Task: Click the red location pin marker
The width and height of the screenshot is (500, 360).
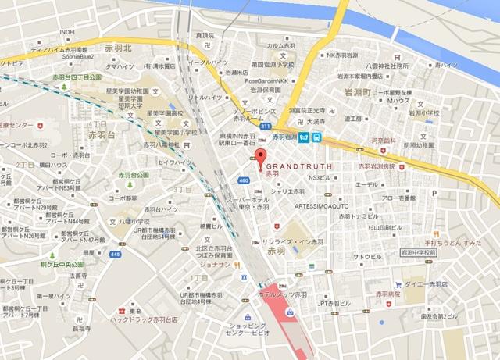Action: coord(261,155)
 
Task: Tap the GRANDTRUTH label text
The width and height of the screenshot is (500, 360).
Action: coord(300,166)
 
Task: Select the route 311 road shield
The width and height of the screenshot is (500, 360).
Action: coord(266,126)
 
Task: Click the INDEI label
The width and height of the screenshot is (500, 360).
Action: coord(66,33)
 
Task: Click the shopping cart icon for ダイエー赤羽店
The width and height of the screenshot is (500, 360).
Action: coord(398,284)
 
